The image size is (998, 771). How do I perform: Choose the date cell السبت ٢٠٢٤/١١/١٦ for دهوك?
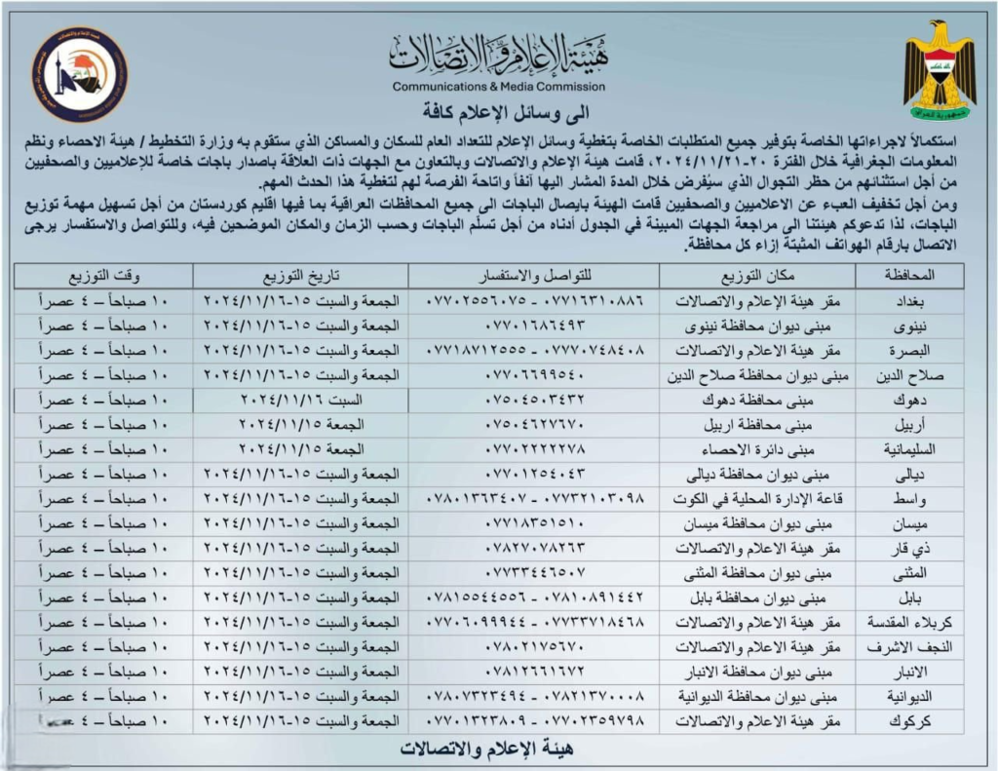(300, 401)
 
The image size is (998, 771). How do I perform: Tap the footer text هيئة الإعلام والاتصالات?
(498, 750)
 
